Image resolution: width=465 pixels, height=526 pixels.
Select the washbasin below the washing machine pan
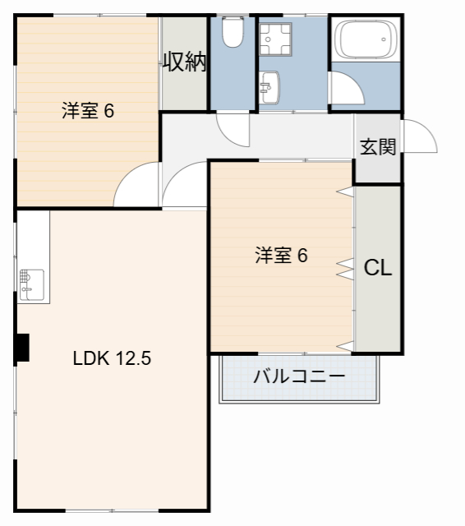[x=270, y=86]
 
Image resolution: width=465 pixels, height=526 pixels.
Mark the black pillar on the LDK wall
[x=22, y=347]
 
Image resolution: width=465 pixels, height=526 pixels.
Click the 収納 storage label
[x=184, y=62]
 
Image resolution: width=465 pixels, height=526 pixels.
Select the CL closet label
[x=378, y=268]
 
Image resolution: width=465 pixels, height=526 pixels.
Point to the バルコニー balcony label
[x=298, y=377]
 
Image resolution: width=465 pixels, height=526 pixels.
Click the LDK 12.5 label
[x=111, y=358]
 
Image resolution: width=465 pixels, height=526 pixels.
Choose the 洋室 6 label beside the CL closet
[x=280, y=256]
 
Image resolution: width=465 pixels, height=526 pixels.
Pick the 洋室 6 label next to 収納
[x=87, y=111]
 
